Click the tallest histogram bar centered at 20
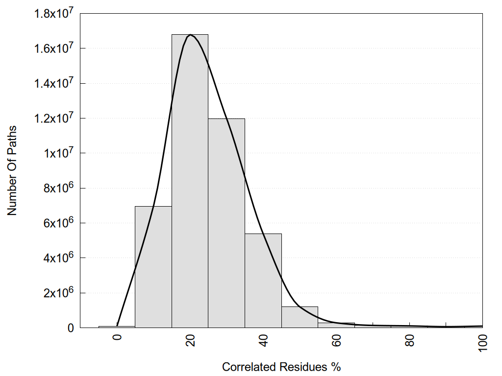coord(190,181)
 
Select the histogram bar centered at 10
coord(153,267)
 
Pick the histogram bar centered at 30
coord(226,223)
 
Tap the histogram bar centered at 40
coord(263,281)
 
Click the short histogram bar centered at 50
coord(300,317)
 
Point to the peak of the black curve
coord(190,35)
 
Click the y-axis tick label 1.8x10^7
coord(53,14)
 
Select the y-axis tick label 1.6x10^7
coord(53,48)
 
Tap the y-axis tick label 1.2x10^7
coord(53,118)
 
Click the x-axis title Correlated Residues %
coord(281,367)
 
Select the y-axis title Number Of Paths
coord(12,170)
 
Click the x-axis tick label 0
coord(117,338)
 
